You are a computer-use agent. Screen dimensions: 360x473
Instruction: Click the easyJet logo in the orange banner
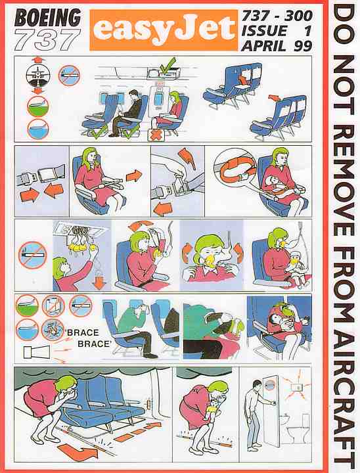click(x=164, y=30)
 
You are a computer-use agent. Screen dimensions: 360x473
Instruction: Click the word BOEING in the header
click(x=48, y=18)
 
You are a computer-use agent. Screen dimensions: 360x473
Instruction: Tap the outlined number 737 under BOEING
click(x=47, y=39)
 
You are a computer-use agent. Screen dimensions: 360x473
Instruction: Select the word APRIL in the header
click(x=263, y=46)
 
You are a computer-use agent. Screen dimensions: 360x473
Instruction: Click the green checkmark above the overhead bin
click(x=168, y=65)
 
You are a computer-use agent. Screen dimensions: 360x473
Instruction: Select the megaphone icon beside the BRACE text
click(x=36, y=351)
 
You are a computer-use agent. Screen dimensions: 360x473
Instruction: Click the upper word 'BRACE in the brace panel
click(x=82, y=332)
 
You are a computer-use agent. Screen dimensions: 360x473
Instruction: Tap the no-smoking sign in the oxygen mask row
click(x=32, y=255)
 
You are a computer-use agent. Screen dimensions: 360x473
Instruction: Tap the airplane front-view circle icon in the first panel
click(x=38, y=74)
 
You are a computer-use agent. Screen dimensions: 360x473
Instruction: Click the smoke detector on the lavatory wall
click(x=296, y=387)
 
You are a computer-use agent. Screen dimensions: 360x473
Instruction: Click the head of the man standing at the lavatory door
click(x=256, y=385)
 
